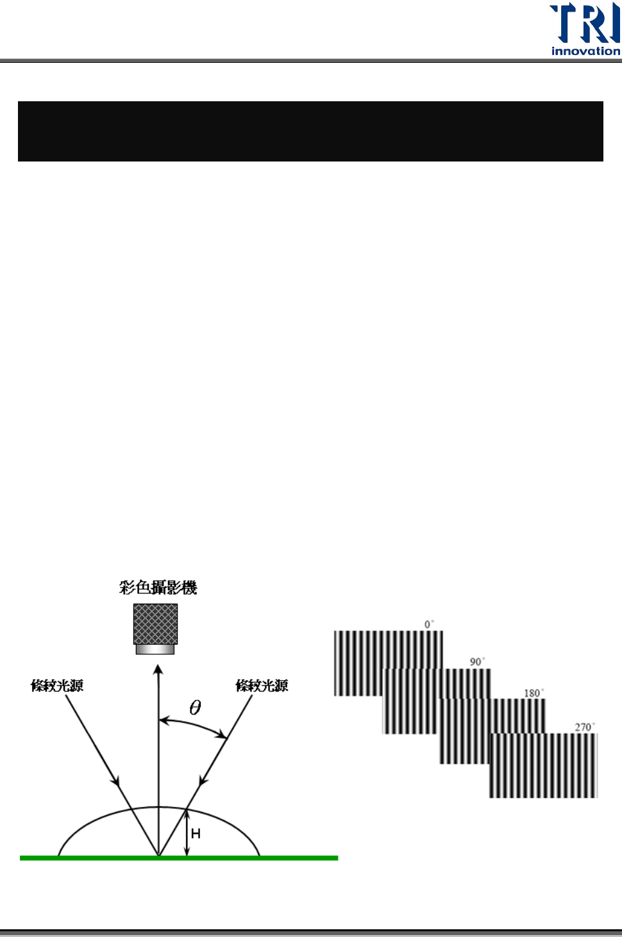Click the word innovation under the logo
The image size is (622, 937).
tap(585, 51)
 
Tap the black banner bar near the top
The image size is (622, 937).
tap(310, 131)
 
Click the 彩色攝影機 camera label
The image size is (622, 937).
tap(158, 588)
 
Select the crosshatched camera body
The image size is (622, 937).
tap(155, 624)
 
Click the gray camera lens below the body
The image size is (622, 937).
tap(155, 649)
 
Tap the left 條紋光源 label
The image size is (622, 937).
tap(57, 686)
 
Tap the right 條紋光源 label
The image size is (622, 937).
tap(262, 686)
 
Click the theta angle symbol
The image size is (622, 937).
tap(196, 708)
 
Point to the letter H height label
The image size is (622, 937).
tap(196, 833)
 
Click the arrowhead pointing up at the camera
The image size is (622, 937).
tap(158, 670)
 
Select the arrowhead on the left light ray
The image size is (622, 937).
tap(116, 780)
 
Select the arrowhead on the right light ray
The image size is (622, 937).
tap(203, 780)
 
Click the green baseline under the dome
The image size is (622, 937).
tap(179, 858)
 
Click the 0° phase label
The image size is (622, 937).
tap(429, 624)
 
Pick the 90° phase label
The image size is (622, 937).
tap(477, 661)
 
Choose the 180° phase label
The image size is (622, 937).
tap(534, 693)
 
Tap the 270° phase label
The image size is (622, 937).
tap(584, 727)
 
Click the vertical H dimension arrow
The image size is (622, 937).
tap(187, 833)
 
